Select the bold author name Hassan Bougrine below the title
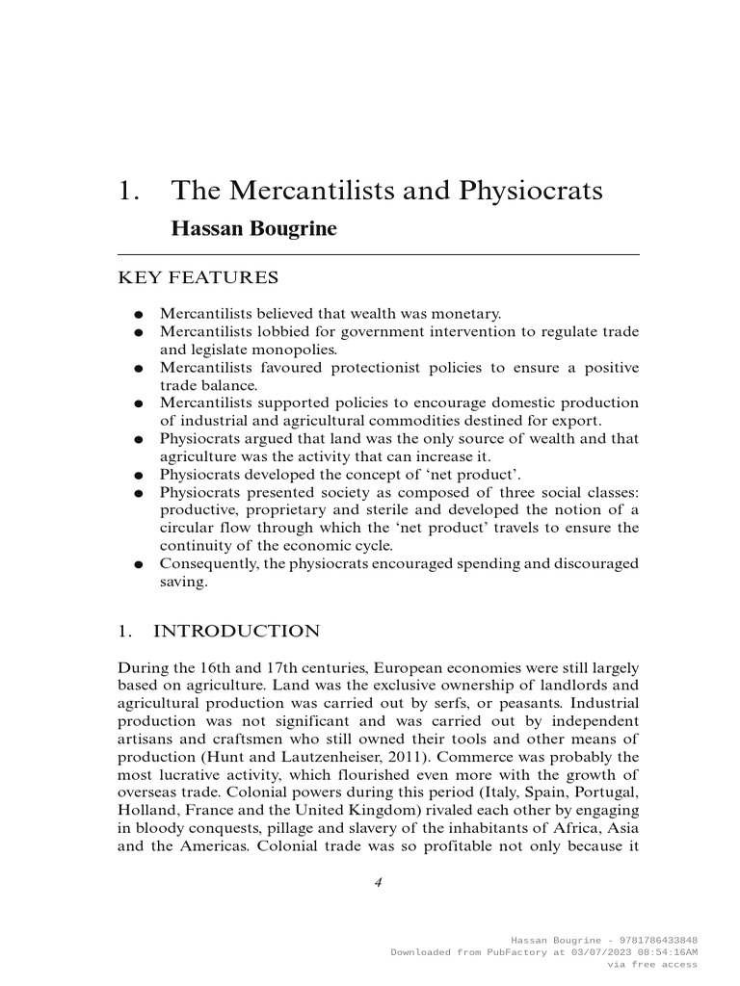click(253, 229)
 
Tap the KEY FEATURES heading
click(198, 278)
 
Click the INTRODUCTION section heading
click(236, 632)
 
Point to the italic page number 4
click(379, 881)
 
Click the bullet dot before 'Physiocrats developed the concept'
click(140, 475)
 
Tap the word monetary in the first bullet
click(467, 314)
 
